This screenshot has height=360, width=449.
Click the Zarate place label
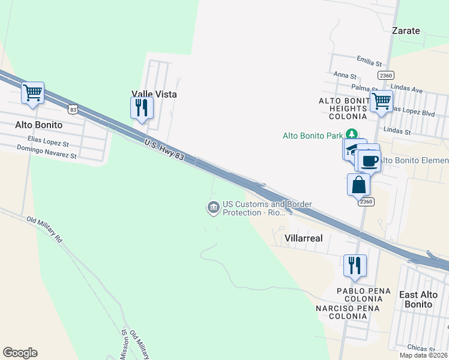406,31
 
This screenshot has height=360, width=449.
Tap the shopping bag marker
358,185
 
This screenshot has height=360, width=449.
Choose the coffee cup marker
369,161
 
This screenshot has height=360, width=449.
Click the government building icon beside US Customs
213,208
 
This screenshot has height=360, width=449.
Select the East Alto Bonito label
416,299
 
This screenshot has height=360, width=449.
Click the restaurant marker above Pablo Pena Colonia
355,265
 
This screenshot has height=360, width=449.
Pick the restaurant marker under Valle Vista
142,108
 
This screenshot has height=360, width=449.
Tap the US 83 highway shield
73,109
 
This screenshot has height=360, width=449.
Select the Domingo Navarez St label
47,152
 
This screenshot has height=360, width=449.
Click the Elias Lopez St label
49,141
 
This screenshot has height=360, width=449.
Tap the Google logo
20,353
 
